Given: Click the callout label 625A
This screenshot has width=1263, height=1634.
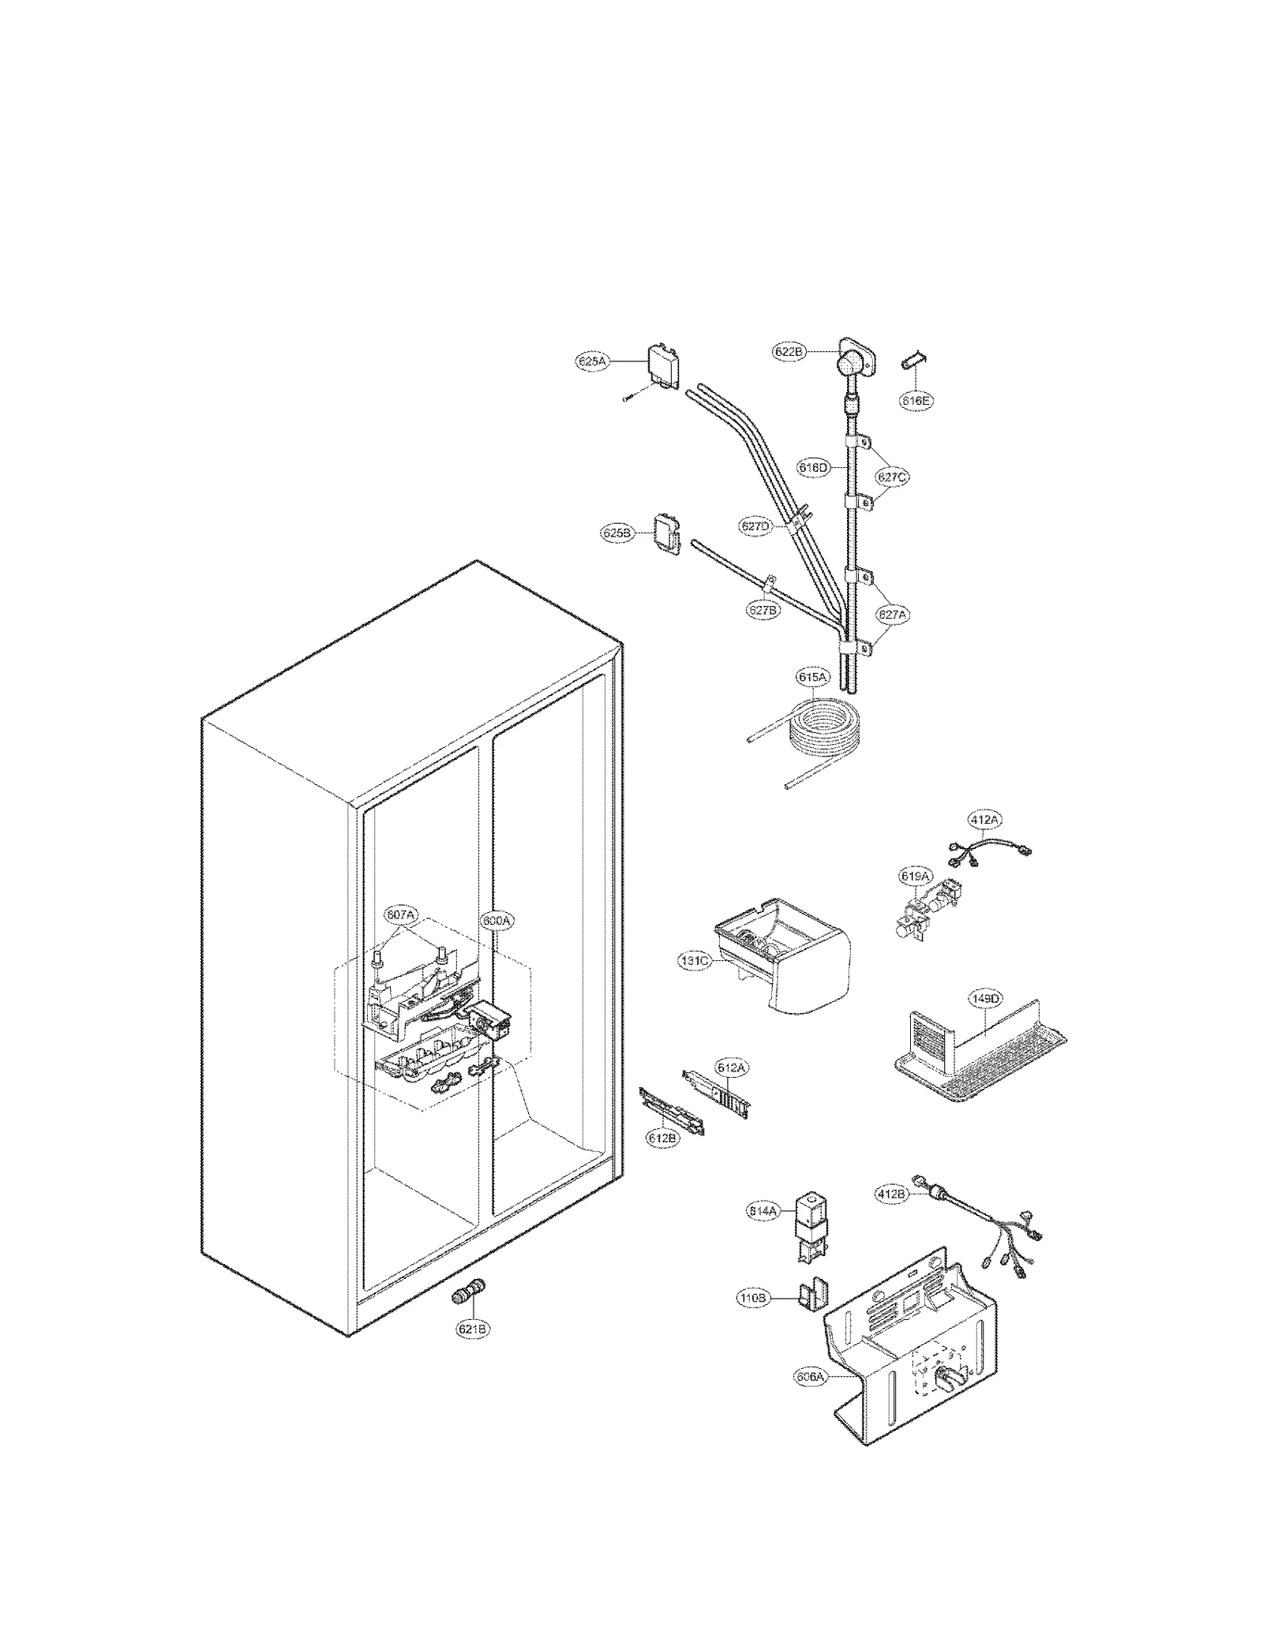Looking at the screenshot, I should tap(591, 361).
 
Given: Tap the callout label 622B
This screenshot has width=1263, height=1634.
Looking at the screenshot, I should tap(788, 352).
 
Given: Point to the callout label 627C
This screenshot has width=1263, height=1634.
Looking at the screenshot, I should tap(892, 477).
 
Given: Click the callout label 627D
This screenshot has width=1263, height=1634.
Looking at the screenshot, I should tap(755, 526).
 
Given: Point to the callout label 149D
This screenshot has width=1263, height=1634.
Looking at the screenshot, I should tap(985, 999).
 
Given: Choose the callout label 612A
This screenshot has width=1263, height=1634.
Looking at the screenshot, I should tap(731, 1068).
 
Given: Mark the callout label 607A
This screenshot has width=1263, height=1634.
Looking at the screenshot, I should tap(400, 914).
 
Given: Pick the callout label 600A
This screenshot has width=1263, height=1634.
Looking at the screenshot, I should tap(497, 920).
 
